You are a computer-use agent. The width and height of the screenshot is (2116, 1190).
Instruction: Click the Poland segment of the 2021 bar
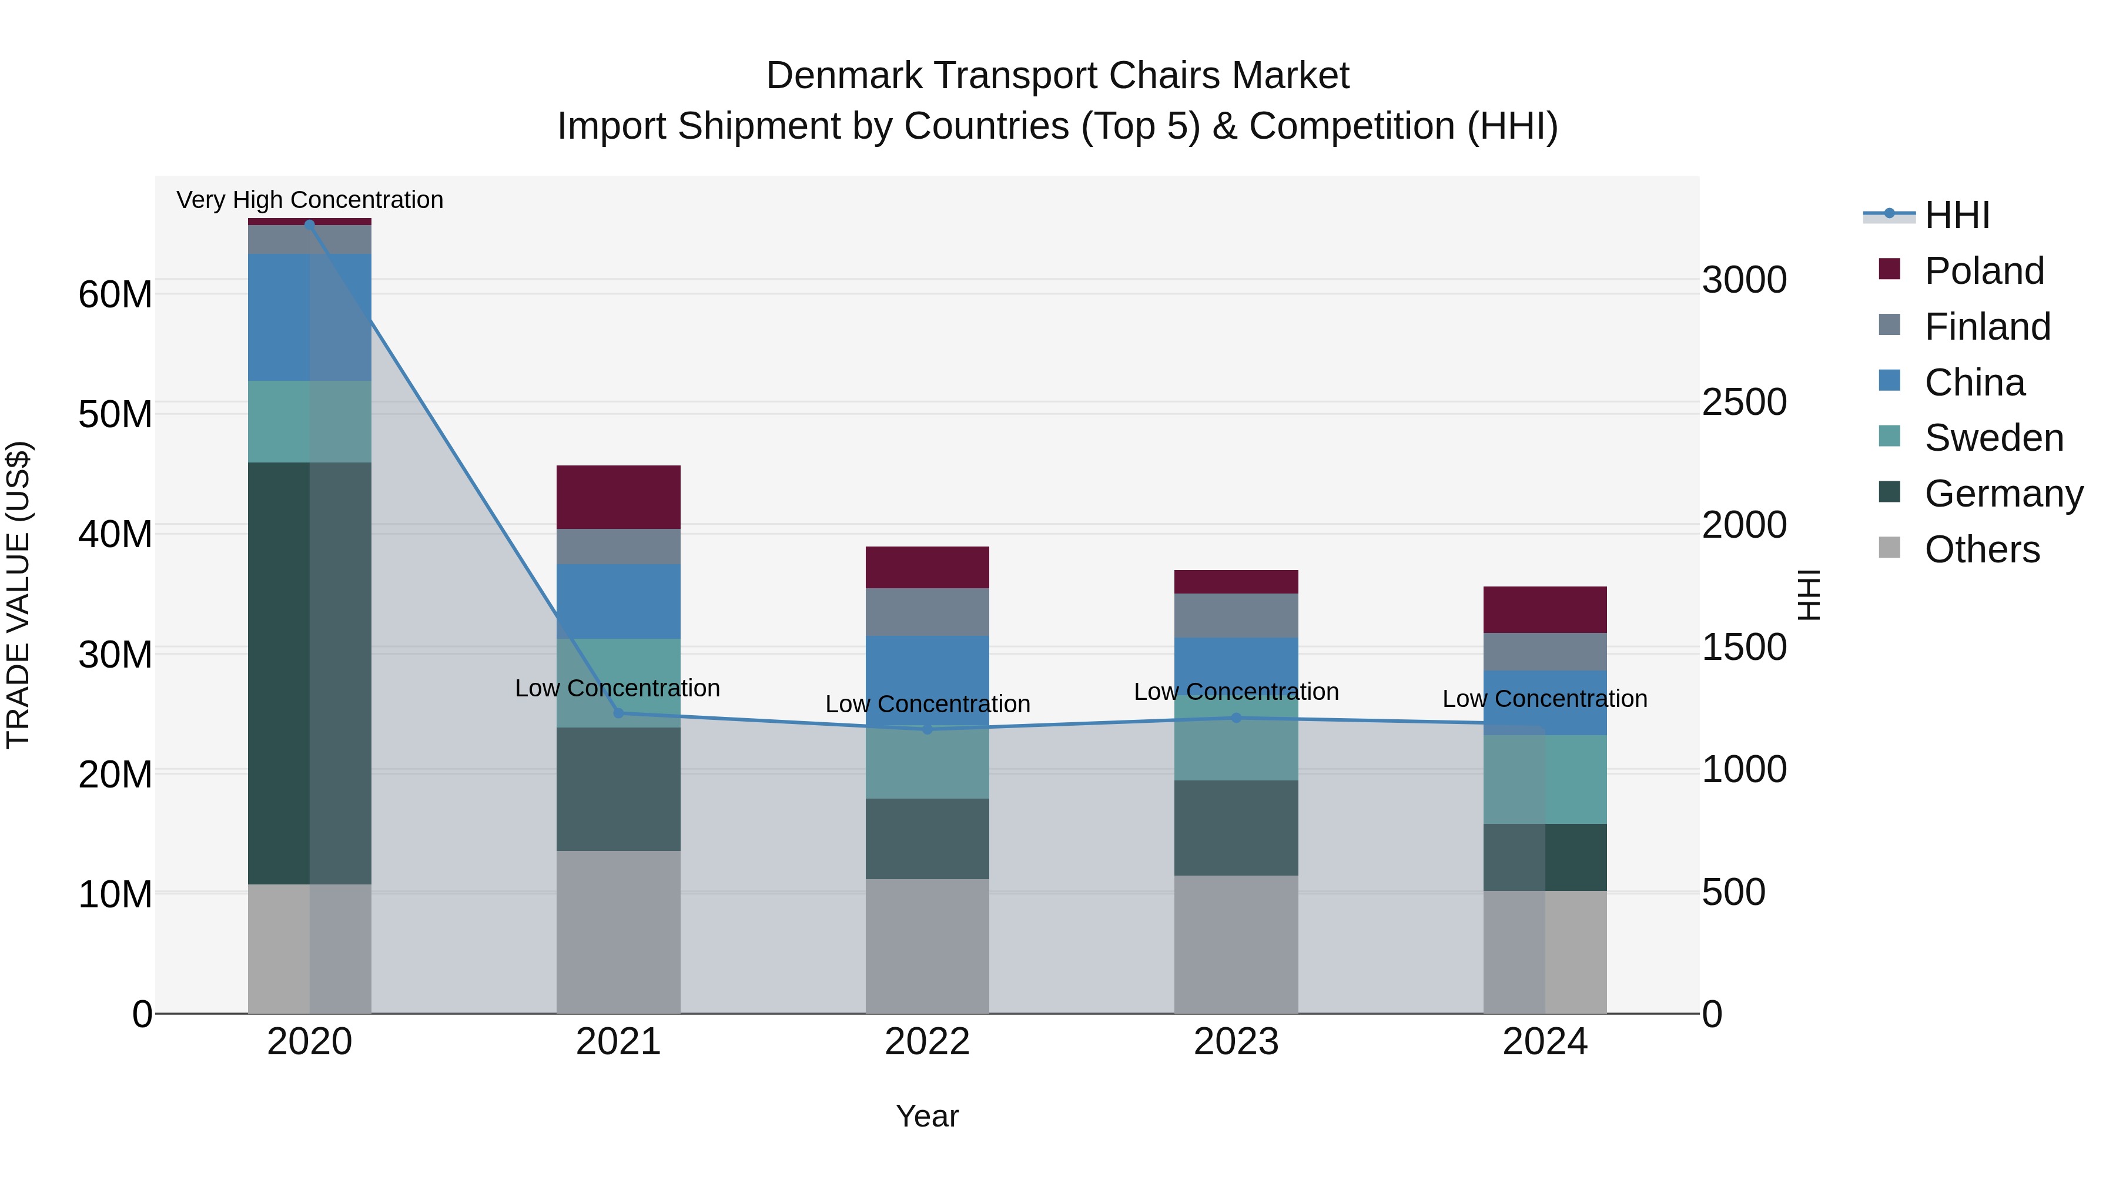coord(618,497)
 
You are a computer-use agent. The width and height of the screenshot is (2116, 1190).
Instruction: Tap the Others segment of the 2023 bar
coord(1236,944)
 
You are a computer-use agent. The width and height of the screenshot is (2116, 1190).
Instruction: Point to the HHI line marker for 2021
coord(618,713)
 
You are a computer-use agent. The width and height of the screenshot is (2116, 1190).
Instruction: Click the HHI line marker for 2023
coord(1236,718)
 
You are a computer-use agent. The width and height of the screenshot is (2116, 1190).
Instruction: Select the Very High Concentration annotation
coord(310,200)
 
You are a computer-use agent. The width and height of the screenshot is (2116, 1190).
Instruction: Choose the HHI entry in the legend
coord(1957,215)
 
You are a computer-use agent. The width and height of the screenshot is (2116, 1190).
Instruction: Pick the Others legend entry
coord(1981,549)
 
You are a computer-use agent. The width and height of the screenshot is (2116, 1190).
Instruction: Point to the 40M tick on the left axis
coord(115,535)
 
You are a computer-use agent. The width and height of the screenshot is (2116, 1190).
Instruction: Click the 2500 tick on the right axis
coord(1743,403)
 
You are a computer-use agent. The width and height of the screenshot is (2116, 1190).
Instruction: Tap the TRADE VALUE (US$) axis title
coord(18,595)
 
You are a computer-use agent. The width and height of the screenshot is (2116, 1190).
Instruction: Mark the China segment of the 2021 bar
coord(618,601)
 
